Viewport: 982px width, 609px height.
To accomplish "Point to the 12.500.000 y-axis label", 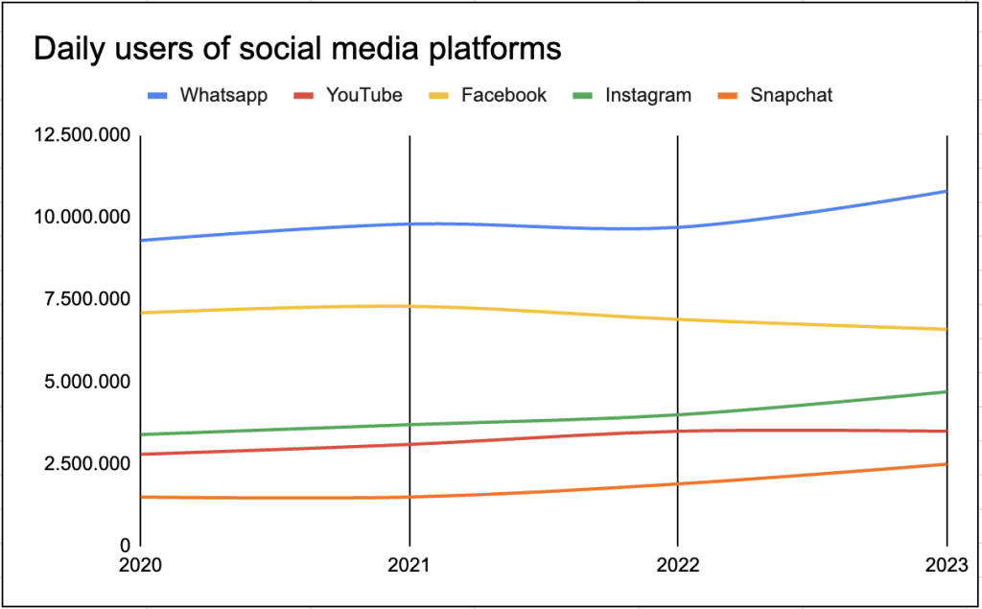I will click(x=82, y=136).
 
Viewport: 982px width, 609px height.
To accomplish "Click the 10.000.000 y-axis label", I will click(x=82, y=218).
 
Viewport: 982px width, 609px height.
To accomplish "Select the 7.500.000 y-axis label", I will click(x=82, y=300).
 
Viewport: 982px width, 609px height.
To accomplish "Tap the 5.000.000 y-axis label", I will click(x=82, y=383).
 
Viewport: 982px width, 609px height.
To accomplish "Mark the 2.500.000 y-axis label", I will click(x=82, y=464).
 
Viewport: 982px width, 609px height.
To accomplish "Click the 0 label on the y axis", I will click(x=125, y=546).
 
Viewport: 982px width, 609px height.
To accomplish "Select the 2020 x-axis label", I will click(x=140, y=565).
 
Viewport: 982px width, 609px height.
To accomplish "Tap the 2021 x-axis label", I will click(x=409, y=565).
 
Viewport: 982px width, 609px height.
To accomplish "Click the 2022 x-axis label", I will click(x=678, y=565).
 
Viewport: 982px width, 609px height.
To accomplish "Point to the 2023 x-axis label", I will click(x=946, y=565).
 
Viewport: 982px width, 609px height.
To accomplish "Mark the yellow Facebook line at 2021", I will click(x=409, y=306).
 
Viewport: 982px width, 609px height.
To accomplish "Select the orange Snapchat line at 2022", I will click(x=678, y=483).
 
